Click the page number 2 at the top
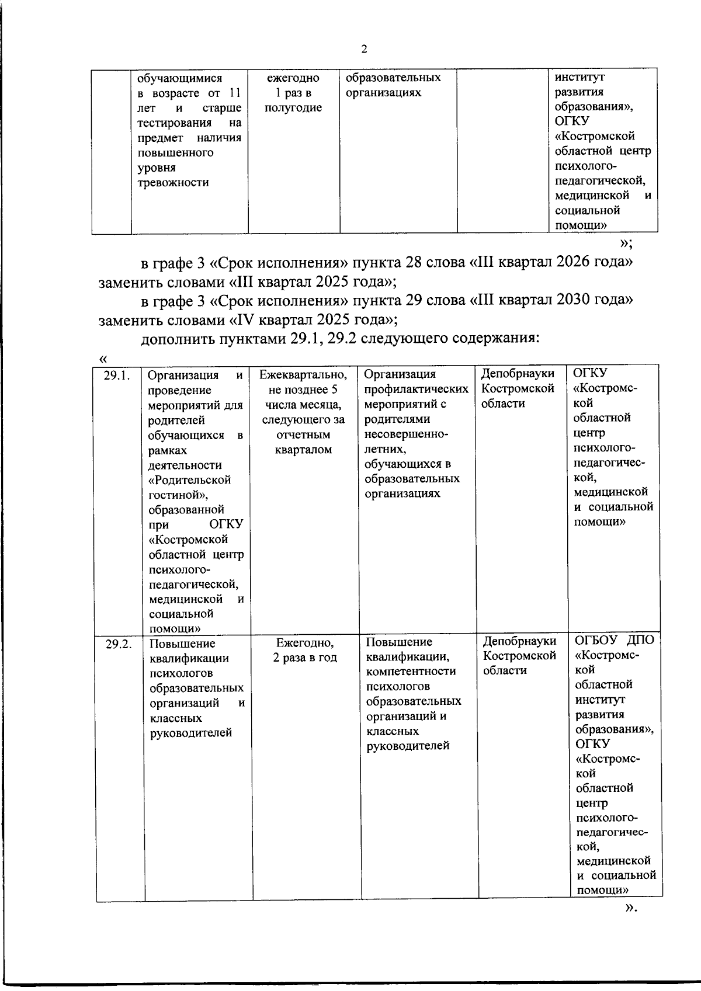coord(364,50)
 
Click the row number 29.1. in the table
coord(116,375)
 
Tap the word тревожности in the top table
coord(172,182)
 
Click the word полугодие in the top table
coord(293,107)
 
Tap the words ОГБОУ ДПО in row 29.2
coord(615,639)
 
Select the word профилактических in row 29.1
coord(416,390)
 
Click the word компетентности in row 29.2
coord(411,672)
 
